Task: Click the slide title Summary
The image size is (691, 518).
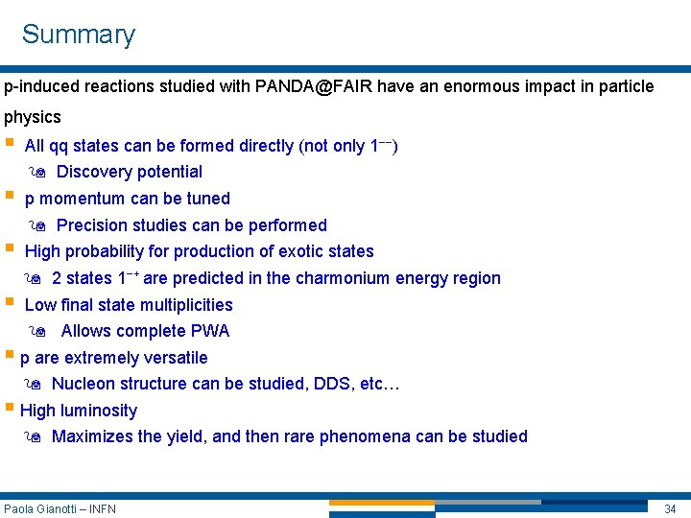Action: (79, 35)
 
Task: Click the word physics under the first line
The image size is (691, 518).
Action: (33, 117)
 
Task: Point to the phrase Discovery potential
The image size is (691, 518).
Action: (130, 172)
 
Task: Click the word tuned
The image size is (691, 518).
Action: (208, 199)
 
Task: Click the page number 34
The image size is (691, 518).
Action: (670, 508)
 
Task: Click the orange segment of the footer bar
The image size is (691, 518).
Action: (382, 502)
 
